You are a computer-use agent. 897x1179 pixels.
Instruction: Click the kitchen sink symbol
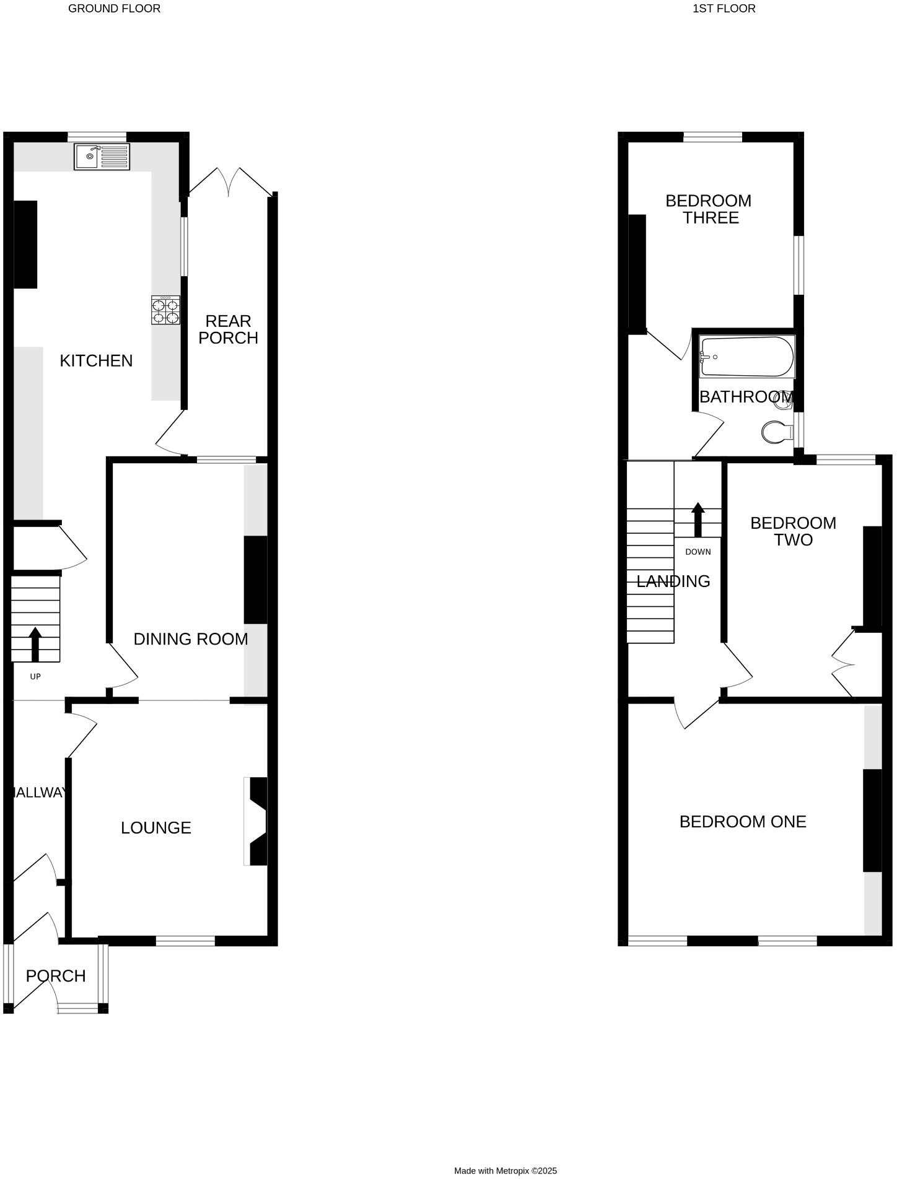click(x=102, y=157)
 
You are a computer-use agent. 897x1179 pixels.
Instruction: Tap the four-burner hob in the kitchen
click(x=166, y=310)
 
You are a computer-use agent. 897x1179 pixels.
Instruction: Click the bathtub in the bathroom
click(x=746, y=357)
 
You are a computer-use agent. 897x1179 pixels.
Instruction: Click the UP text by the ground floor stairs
click(x=35, y=677)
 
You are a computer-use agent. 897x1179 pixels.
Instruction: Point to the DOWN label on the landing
click(x=698, y=552)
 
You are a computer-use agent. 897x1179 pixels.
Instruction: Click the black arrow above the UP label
click(x=35, y=645)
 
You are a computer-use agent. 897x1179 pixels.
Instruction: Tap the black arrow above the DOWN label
click(x=698, y=519)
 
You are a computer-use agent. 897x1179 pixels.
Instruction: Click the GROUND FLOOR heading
click(x=114, y=9)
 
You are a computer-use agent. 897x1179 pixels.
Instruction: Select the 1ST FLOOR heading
click(x=724, y=9)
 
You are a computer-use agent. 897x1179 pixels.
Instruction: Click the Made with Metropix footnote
click(x=505, y=1170)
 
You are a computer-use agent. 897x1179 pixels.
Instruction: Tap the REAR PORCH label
click(x=228, y=329)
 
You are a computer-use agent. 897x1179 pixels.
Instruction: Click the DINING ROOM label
click(x=191, y=639)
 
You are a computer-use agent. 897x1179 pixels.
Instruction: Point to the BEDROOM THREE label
click(x=709, y=209)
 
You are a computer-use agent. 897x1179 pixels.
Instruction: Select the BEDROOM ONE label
click(x=743, y=822)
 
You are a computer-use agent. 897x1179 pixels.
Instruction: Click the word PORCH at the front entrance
click(x=56, y=976)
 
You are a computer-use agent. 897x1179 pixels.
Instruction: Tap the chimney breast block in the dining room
click(x=255, y=579)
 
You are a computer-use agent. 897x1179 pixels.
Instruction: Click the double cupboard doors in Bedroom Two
click(x=842, y=664)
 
